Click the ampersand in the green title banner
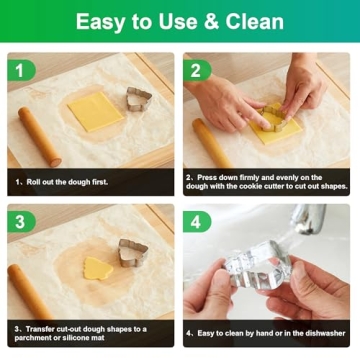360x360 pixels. [212, 21]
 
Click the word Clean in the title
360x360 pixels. [255, 21]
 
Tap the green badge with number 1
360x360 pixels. [21, 71]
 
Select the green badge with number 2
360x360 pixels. [197, 71]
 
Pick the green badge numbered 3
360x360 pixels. [21, 222]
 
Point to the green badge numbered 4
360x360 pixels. [197, 222]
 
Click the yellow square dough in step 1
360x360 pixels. [96, 111]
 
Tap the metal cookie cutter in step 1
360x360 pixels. [139, 99]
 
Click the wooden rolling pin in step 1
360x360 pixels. [39, 137]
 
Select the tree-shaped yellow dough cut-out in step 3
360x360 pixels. [98, 268]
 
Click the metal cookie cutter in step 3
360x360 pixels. [133, 253]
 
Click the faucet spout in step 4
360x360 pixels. [308, 218]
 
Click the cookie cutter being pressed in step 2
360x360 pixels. [273, 117]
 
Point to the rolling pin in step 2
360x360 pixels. [212, 143]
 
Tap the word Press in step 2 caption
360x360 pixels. [206, 178]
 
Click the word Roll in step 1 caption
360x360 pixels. [33, 182]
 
